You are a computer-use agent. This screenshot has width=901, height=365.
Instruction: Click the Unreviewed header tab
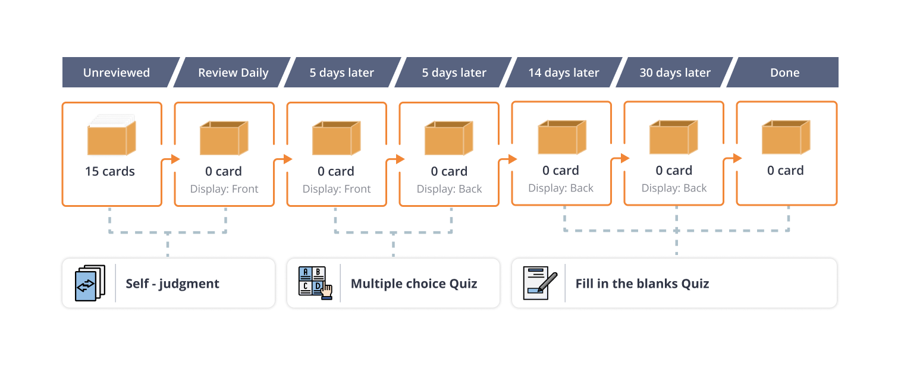pos(117,73)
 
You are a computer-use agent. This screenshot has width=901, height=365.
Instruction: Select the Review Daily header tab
pos(233,73)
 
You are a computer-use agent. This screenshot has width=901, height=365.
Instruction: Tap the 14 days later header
pos(564,73)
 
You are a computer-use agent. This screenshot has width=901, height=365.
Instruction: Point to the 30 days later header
pos(675,73)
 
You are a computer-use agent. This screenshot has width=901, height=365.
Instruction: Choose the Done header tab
pos(784,73)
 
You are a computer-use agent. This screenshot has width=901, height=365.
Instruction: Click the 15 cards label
pos(110,171)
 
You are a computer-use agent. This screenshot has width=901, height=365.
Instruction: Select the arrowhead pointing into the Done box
pos(737,158)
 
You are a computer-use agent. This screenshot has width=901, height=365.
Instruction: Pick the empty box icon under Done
pos(786,137)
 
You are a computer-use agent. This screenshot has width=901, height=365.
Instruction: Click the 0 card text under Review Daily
pos(224,171)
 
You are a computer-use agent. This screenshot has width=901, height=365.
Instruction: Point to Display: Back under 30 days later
pos(674,188)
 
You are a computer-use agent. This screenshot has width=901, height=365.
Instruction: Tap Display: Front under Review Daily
pos(224,189)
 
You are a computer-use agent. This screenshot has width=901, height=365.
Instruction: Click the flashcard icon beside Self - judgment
pos(90,283)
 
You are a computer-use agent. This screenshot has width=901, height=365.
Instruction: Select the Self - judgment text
pos(172,284)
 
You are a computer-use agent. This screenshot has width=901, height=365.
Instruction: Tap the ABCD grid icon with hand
pos(315,283)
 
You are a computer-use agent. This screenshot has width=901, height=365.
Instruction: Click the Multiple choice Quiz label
pos(414,284)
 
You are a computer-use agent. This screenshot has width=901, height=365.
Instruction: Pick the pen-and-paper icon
pos(539,283)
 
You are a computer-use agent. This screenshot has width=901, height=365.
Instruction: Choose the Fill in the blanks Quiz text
pos(642,284)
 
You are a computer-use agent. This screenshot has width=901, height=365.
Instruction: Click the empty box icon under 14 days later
pos(561,137)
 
